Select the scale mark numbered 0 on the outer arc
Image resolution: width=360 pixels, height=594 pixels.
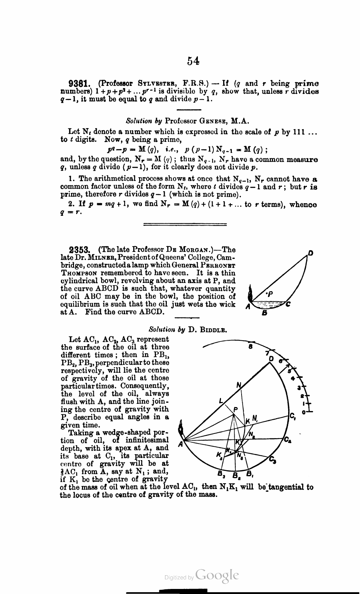coord(304,412)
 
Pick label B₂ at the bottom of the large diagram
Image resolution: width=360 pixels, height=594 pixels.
coord(235,475)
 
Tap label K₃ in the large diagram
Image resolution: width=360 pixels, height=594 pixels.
coord(219,455)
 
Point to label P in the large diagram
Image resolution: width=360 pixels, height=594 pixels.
coord(236,409)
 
